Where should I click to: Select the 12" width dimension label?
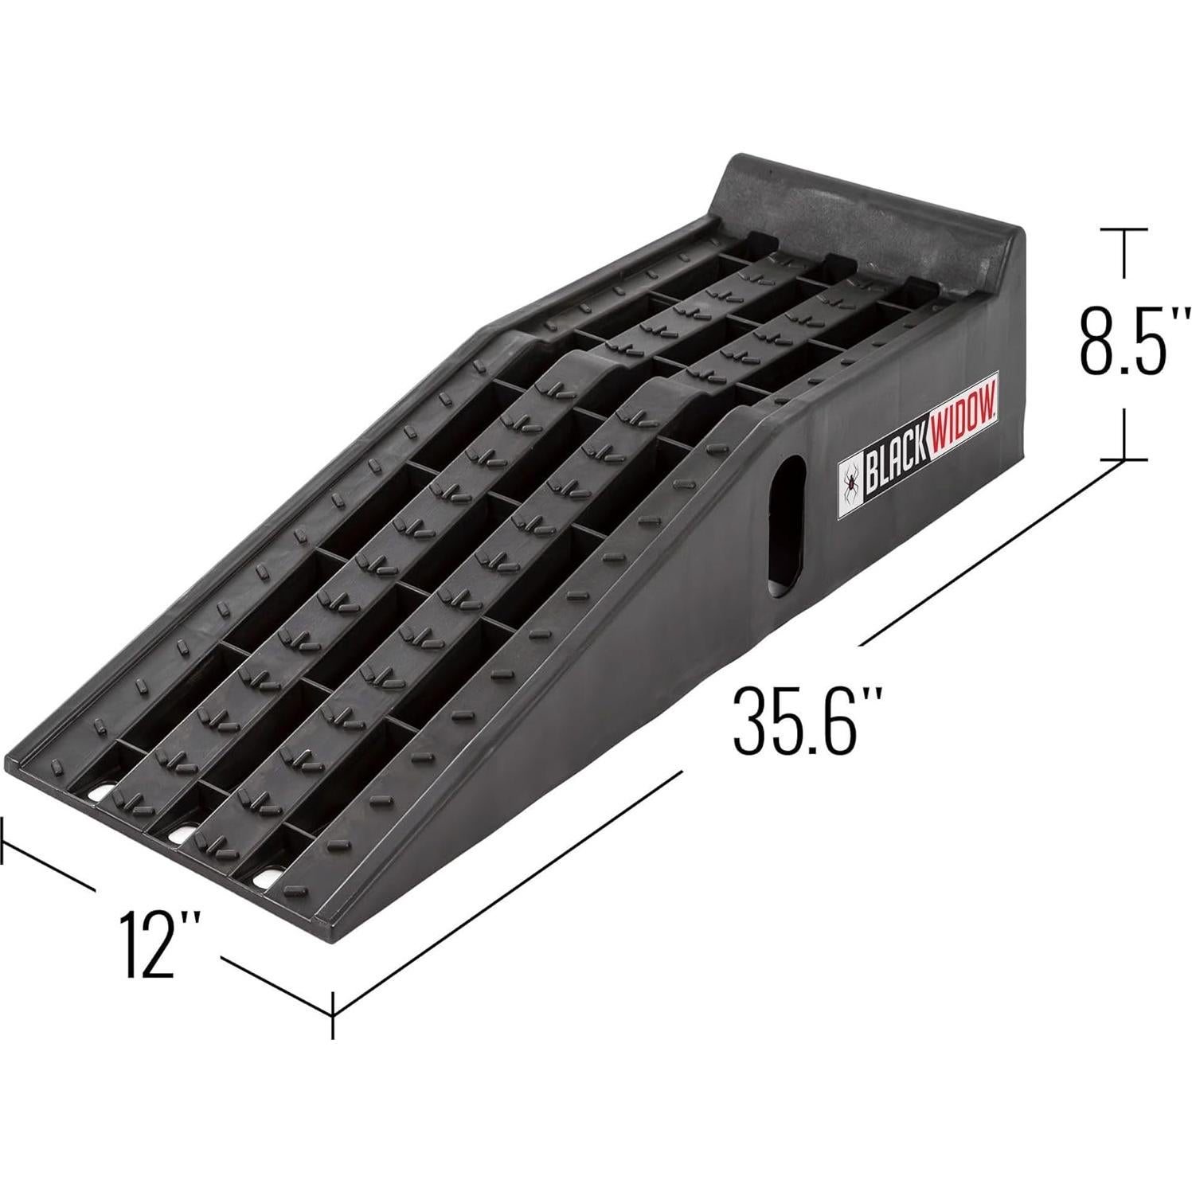tap(157, 944)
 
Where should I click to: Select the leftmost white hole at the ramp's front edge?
tap(100, 795)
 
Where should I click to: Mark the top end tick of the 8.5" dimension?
tap(1124, 229)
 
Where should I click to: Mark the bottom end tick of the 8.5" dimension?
tap(1124, 459)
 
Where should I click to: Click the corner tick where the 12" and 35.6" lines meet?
tap(332, 1014)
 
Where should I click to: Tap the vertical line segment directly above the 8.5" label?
tap(1124, 255)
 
